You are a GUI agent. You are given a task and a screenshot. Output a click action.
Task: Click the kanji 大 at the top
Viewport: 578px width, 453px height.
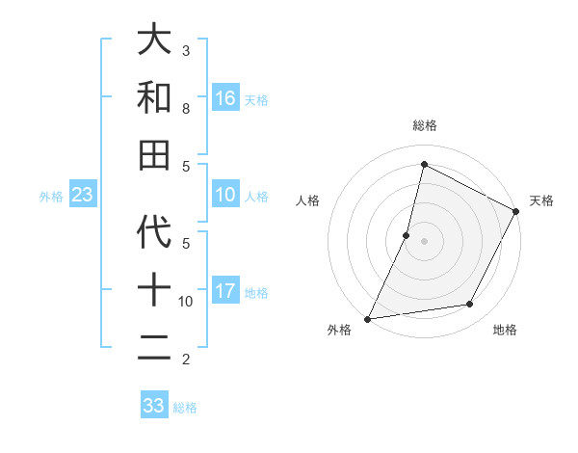tap(154, 40)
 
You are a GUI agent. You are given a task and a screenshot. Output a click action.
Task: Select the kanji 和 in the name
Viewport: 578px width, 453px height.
tap(154, 97)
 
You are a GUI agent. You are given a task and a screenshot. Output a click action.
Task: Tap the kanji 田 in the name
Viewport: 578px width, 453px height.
tap(154, 155)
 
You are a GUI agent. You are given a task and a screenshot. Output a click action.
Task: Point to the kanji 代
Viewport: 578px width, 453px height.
tap(154, 233)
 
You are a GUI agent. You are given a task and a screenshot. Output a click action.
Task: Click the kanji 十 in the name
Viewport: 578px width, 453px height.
tap(154, 291)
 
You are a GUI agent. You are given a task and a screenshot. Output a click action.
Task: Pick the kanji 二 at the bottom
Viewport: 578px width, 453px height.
tap(154, 349)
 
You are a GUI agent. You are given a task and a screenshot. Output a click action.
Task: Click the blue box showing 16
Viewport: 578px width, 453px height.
tap(225, 98)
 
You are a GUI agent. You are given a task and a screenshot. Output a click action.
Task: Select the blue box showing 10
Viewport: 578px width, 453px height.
tap(225, 196)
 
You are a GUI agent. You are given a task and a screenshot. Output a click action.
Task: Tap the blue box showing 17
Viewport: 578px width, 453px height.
tap(225, 291)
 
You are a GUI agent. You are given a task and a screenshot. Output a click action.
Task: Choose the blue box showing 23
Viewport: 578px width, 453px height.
tap(82, 196)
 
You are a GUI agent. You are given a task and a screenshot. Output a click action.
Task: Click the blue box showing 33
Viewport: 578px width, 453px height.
tap(154, 406)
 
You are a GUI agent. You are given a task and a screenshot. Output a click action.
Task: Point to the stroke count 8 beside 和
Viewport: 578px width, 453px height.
tap(186, 109)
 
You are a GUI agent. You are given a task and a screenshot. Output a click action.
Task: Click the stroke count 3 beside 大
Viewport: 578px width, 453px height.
tap(186, 50)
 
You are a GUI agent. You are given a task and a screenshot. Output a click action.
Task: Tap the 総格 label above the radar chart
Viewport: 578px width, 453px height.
tap(424, 125)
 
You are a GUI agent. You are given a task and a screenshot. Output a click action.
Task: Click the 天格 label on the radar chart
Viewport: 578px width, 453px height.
tap(541, 200)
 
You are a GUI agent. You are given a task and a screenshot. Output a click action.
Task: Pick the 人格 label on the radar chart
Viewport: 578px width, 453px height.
tap(307, 200)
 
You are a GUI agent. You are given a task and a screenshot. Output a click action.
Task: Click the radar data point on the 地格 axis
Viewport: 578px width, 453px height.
tap(470, 305)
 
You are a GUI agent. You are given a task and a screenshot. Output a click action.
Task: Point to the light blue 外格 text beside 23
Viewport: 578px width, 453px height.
tap(51, 197)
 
